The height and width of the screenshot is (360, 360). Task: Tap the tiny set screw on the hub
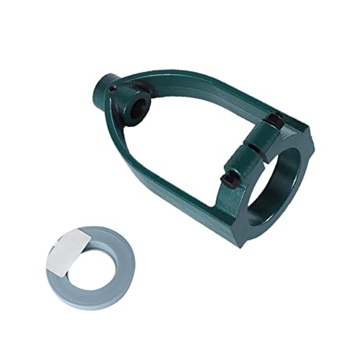pos(114,89)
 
